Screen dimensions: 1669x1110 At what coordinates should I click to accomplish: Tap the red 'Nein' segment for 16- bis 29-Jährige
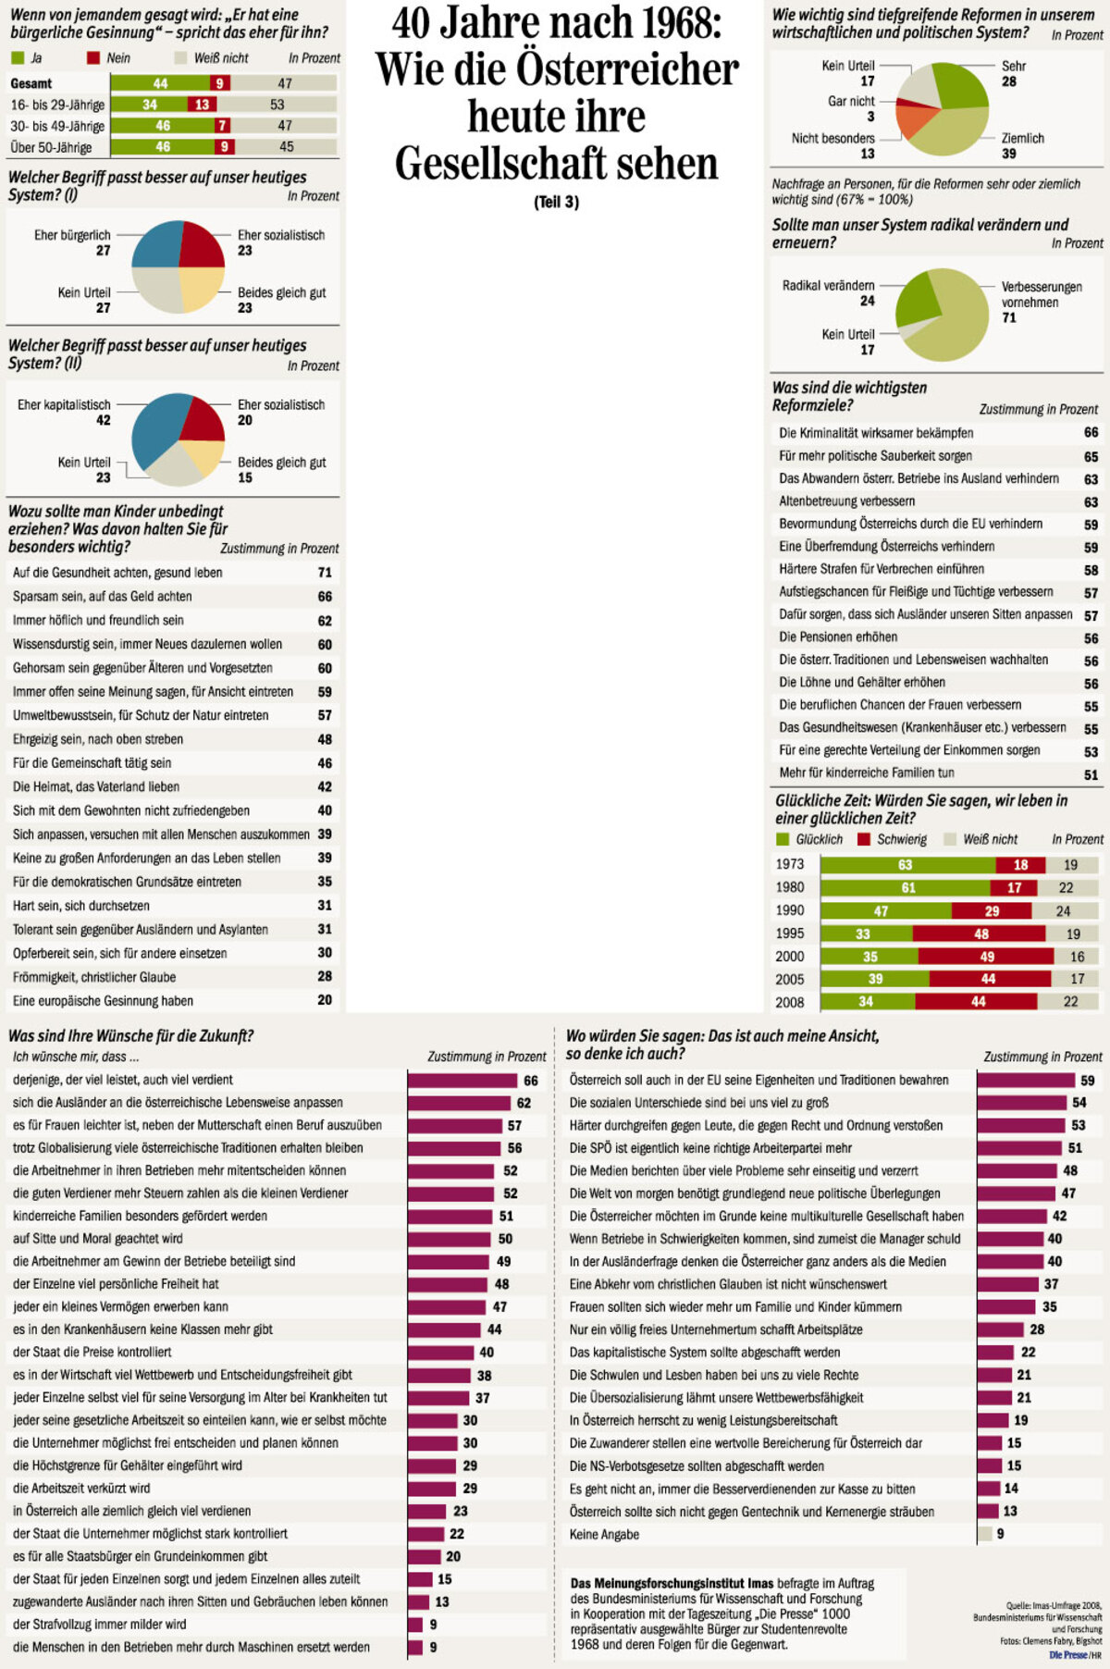(203, 105)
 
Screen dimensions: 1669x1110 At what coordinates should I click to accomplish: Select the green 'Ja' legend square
(17, 58)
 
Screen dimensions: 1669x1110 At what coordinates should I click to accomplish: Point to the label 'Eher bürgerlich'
(72, 235)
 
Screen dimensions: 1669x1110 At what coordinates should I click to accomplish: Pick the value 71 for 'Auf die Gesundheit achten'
(325, 573)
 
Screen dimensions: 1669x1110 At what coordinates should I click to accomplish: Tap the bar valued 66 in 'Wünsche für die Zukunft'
(462, 1081)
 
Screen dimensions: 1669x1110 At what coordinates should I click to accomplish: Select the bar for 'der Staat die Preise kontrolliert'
(441, 1353)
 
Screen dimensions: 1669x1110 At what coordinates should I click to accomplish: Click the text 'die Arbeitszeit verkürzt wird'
(81, 1489)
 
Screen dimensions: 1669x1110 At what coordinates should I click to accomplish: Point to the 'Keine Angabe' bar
(985, 1534)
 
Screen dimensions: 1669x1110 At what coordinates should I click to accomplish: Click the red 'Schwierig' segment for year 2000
(986, 957)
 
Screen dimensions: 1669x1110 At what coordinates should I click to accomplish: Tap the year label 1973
(790, 865)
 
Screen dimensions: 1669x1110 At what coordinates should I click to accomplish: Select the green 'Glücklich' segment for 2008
(868, 1002)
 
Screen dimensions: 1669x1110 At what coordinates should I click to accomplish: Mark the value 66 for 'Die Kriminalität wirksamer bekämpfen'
(1091, 433)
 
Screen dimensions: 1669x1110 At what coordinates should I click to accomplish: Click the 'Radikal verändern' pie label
(828, 286)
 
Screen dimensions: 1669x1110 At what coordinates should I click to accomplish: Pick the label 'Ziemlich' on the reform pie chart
(1022, 139)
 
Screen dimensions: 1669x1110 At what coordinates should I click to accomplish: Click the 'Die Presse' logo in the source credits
(1067, 1654)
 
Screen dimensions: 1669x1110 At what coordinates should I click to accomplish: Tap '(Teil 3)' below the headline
(556, 202)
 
